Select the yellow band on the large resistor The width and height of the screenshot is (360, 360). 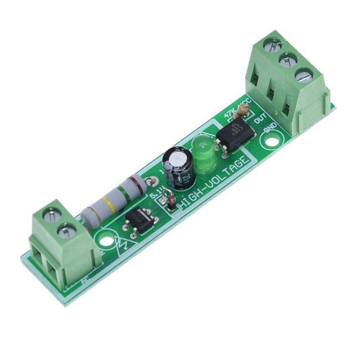[109, 204]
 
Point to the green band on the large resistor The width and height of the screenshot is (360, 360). [123, 194]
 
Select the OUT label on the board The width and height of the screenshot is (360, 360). [260, 118]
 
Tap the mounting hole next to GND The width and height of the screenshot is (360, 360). [272, 142]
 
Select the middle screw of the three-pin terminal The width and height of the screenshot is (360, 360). [288, 61]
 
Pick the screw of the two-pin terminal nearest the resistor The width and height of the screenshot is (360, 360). [66, 232]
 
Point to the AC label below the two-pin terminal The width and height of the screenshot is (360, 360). [85, 281]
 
